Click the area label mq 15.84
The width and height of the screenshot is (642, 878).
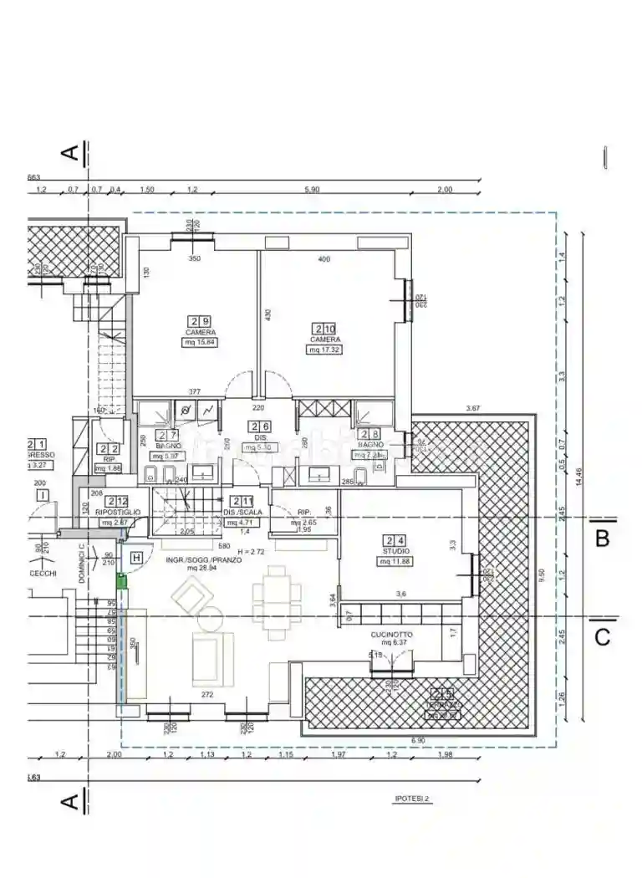201,342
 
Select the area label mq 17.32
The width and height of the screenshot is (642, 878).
324,350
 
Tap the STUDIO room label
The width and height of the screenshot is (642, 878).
395,552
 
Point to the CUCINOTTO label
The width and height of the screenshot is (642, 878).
391,635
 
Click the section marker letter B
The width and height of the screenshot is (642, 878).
602,539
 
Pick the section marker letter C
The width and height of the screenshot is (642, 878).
602,636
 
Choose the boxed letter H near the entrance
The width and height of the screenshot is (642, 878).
136,558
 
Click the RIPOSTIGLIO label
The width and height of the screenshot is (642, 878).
118,512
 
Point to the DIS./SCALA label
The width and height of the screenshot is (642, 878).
243,513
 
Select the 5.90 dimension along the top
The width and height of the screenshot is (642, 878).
313,190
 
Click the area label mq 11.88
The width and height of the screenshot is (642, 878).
395,561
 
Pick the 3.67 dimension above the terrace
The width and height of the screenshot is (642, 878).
474,409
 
